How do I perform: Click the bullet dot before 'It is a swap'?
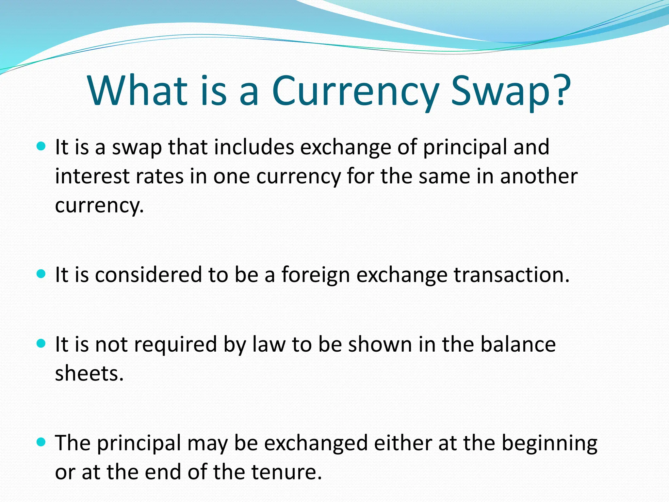pyautogui.click(x=41, y=146)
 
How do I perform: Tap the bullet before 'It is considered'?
pyautogui.click(x=41, y=273)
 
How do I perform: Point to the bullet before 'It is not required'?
pyautogui.click(x=41, y=343)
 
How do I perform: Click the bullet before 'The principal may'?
pyautogui.click(x=41, y=442)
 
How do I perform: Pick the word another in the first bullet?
pyautogui.click(x=539, y=176)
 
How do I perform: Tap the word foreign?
pyautogui.click(x=316, y=275)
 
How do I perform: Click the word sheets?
pyautogui.click(x=89, y=374)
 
